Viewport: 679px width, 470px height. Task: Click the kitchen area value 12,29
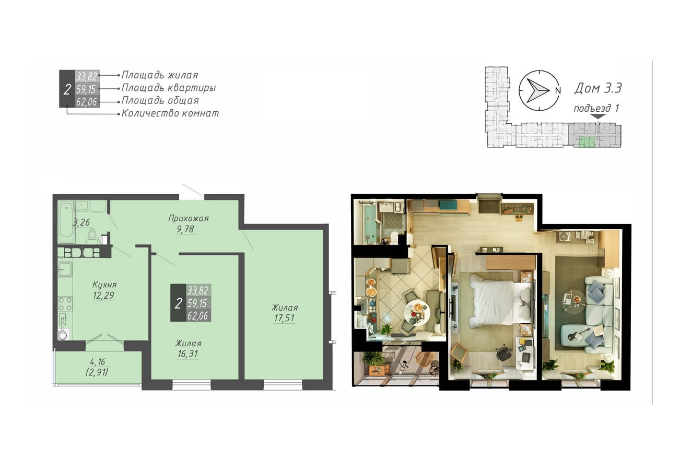click(x=103, y=295)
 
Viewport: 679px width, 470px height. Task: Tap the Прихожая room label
click(x=188, y=218)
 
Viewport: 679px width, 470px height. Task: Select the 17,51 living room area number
click(x=284, y=318)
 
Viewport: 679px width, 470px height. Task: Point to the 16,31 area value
click(x=188, y=354)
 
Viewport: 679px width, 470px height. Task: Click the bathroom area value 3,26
click(x=81, y=222)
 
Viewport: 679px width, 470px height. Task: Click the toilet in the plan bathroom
click(x=92, y=237)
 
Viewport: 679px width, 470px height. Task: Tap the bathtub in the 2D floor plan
click(x=66, y=221)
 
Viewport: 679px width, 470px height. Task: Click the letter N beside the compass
click(x=558, y=90)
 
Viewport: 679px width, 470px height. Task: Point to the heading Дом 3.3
click(x=598, y=88)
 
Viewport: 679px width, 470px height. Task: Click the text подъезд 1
click(x=596, y=108)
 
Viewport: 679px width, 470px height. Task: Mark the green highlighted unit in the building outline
click(x=587, y=142)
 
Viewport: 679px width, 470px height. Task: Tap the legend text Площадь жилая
click(x=160, y=75)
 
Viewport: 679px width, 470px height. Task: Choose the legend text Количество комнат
click(x=170, y=113)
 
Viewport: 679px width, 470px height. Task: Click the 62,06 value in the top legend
click(x=86, y=102)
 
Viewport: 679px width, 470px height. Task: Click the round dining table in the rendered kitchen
click(x=418, y=312)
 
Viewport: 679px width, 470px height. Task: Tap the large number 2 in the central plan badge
click(x=178, y=303)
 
